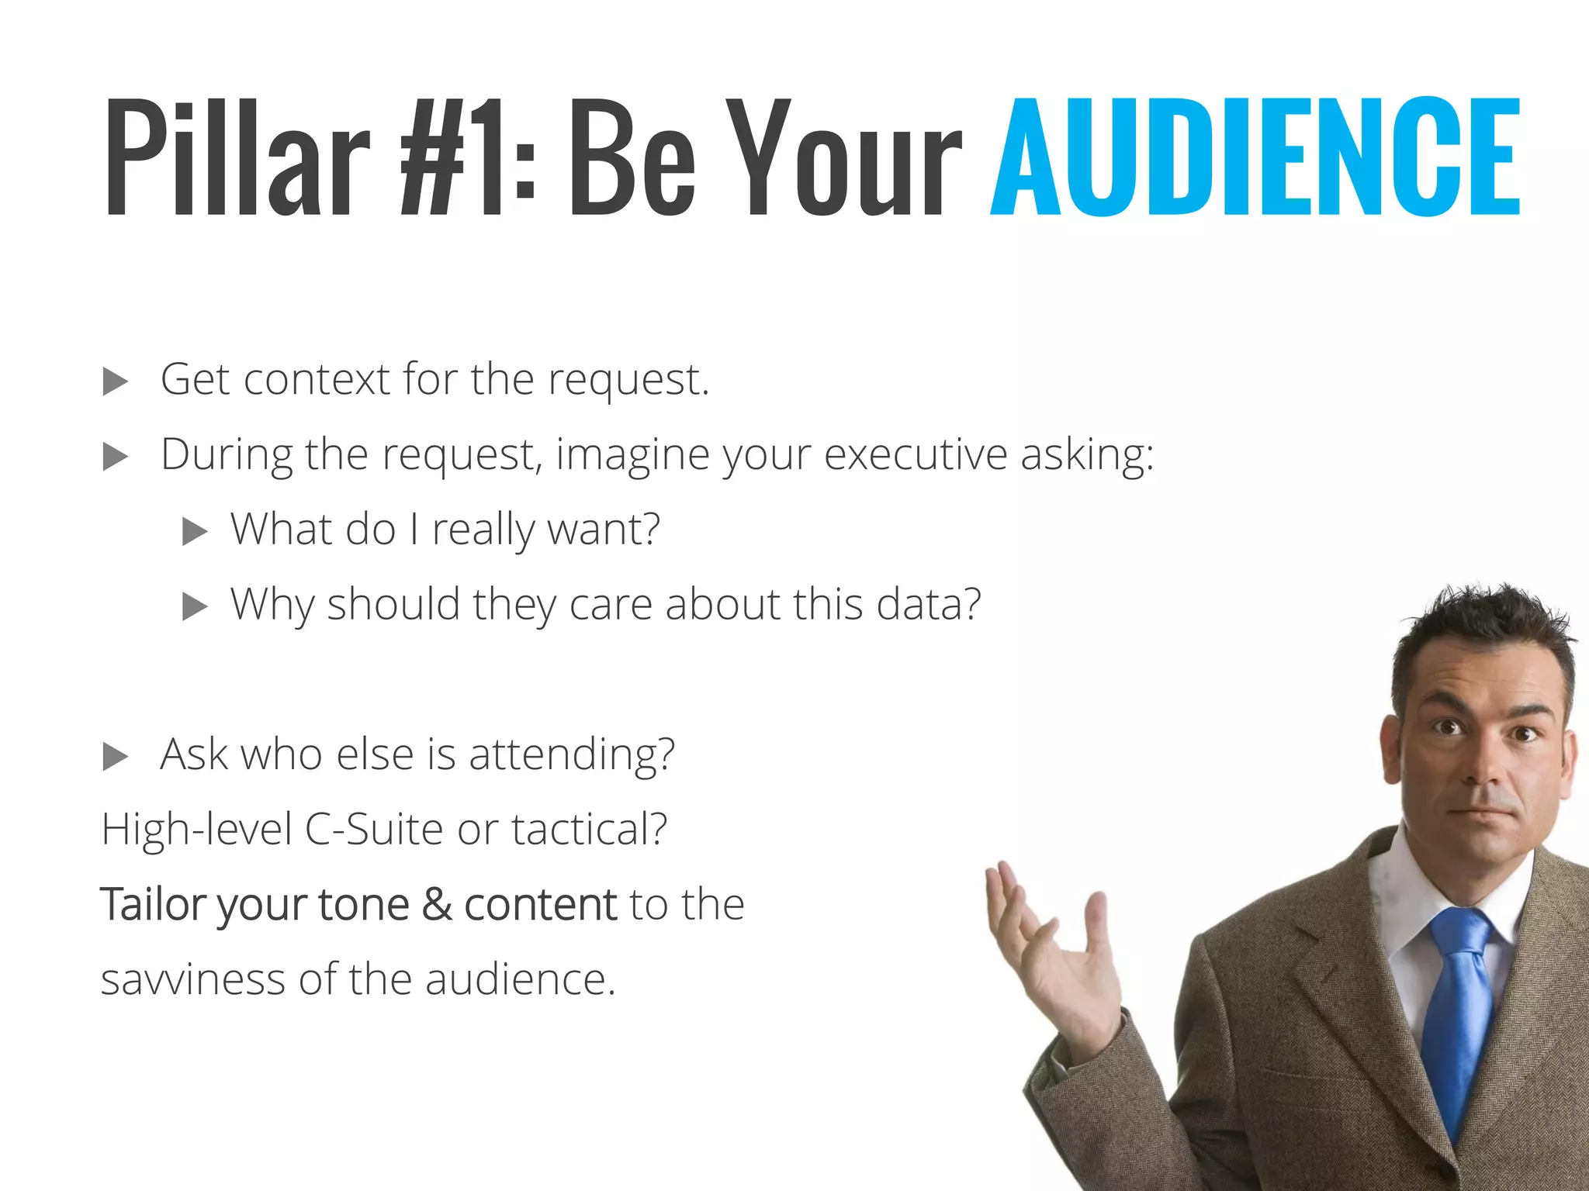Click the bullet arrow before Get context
click(115, 381)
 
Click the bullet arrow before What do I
click(194, 532)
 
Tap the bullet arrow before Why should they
click(194, 606)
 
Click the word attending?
click(572, 755)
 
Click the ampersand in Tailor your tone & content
click(437, 904)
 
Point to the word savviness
click(193, 980)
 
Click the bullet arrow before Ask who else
click(115, 757)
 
